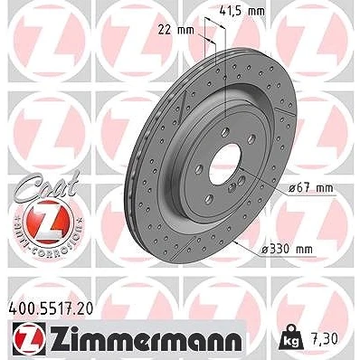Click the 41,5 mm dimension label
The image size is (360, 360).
[x=242, y=11]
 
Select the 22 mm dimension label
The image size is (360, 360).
[x=176, y=30]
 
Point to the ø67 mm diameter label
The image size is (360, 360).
[x=311, y=188]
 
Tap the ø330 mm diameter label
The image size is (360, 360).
[x=287, y=249]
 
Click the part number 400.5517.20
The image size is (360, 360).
[x=51, y=308]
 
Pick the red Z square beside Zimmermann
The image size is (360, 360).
[x=29, y=340]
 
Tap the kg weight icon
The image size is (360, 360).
[x=291, y=340]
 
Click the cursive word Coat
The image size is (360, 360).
[x=47, y=185]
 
